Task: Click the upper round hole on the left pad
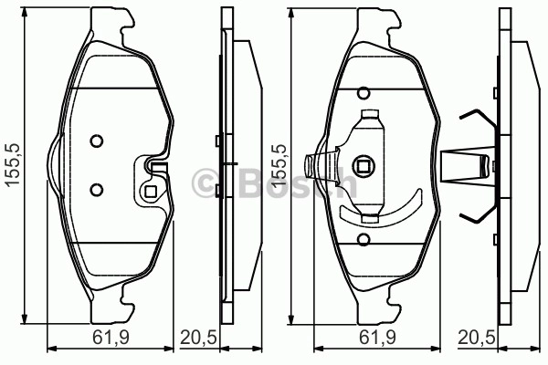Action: [96, 141]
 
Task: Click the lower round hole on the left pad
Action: [96, 190]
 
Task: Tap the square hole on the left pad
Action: [151, 192]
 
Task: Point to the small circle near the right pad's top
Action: [364, 94]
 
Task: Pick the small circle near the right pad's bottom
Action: [364, 239]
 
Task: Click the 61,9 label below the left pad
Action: [111, 338]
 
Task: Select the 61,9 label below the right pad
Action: [377, 338]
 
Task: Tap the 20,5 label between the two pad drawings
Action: [198, 338]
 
